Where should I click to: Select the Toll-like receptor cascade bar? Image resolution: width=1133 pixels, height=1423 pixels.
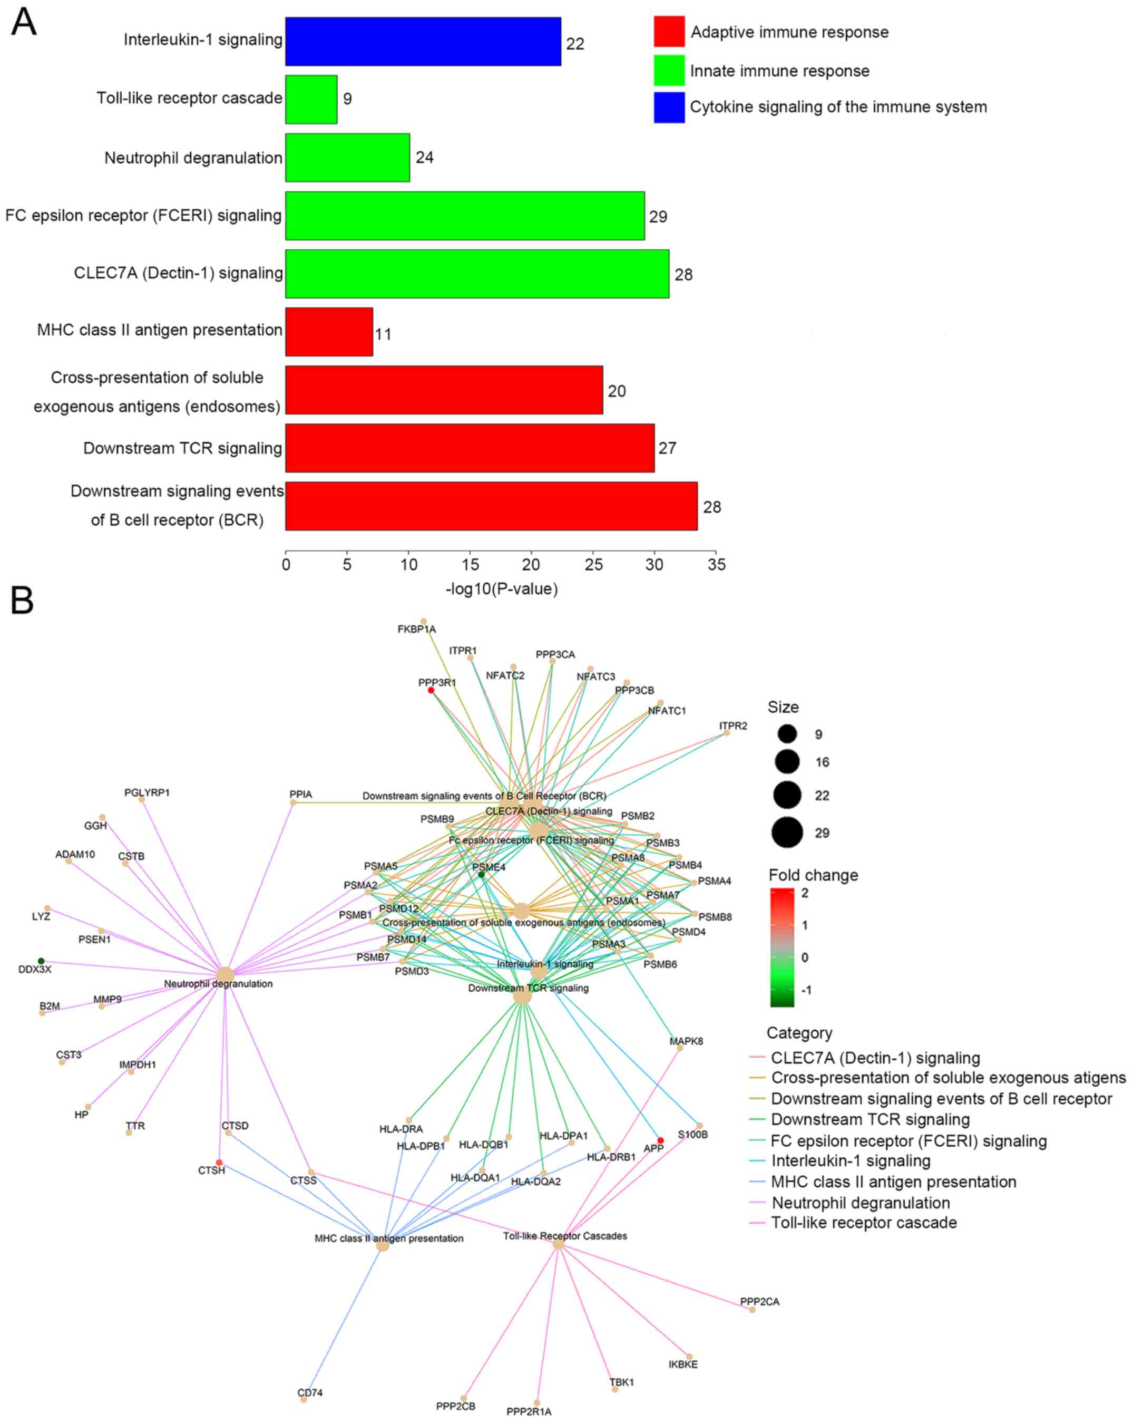coord(311,99)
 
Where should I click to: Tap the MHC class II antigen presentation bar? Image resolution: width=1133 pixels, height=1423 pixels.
coord(329,331)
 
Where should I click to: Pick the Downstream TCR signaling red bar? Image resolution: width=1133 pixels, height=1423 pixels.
coord(469,448)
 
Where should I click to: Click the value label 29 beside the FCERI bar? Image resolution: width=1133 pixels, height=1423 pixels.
coord(658,217)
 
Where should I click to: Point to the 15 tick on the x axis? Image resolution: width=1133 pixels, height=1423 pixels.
coord(470,564)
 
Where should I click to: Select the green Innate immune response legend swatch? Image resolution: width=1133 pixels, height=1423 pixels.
coord(668,71)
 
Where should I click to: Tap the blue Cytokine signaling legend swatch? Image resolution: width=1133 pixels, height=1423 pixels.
coord(668,107)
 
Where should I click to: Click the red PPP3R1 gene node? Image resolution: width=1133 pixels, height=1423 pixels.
coord(431,690)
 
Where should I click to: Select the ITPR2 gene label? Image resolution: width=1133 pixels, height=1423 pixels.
coord(733,726)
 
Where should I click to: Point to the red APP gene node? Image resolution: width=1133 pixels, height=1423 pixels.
coord(660,1140)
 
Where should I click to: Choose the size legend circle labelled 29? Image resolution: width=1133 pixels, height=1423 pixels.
coord(787,832)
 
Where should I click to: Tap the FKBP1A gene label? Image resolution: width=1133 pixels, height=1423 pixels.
coord(416,629)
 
